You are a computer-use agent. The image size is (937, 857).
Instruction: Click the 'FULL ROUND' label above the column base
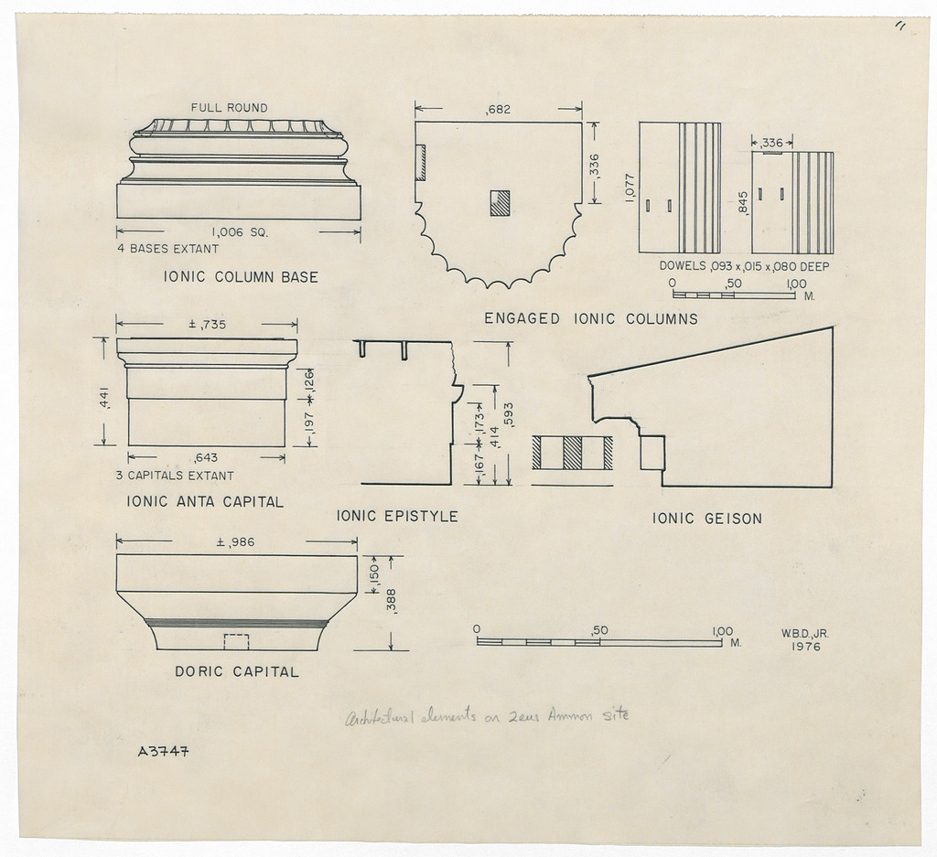pos(229,108)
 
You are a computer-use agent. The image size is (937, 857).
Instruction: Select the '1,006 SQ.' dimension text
pos(240,232)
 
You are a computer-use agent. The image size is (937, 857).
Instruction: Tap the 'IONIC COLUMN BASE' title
pos(241,277)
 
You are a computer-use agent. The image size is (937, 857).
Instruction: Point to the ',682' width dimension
pos(498,110)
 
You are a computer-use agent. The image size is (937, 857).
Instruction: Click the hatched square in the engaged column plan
pos(500,202)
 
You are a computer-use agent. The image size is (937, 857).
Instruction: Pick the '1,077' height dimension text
pos(630,188)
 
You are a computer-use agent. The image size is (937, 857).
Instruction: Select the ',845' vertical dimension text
pos(743,203)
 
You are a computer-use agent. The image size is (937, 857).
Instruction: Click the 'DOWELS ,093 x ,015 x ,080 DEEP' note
pos(744,267)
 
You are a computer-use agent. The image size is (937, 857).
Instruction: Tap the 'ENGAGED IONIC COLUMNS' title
pos(590,319)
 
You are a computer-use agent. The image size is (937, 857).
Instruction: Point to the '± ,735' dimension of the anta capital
pos(207,324)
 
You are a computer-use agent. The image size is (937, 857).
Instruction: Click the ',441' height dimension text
pos(104,399)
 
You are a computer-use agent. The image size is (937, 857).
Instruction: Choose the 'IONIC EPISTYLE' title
pos(397,517)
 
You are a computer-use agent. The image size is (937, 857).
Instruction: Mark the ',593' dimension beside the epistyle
pos(509,414)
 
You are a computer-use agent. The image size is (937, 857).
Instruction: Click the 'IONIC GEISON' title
pos(706,519)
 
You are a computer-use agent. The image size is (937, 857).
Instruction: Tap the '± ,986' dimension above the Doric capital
pos(235,542)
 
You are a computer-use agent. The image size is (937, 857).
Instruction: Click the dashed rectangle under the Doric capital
pos(236,641)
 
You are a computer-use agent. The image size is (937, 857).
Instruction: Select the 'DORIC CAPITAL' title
pos(236,672)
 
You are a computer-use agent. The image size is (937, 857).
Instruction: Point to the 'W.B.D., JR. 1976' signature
pos(804,639)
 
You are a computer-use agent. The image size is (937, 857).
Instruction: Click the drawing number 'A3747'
pos(163,753)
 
